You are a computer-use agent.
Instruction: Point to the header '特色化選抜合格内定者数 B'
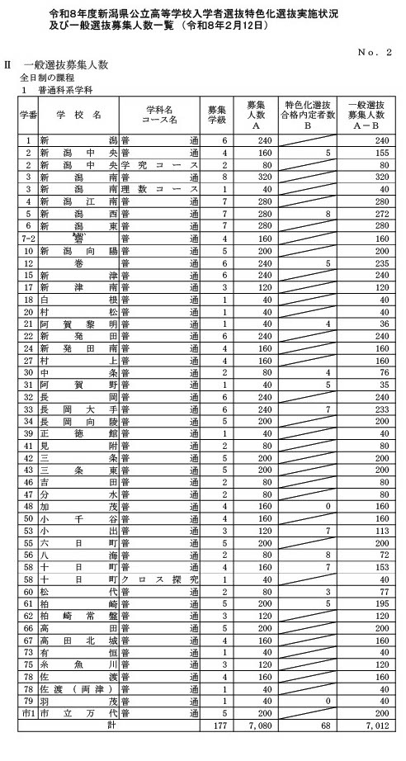307,114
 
